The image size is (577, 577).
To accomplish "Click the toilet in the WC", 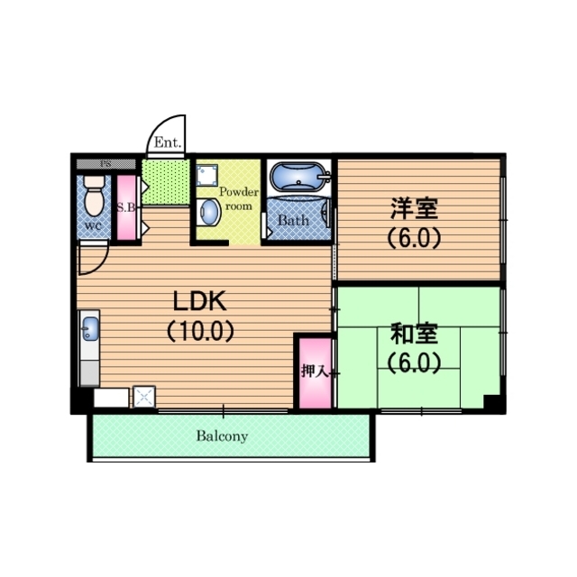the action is (x=94, y=196).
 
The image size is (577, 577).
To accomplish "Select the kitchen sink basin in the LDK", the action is (x=90, y=328).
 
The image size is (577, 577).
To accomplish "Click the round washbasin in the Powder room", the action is (x=208, y=213).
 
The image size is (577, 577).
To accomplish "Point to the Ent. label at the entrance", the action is (x=168, y=142).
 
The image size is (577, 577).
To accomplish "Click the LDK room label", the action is (x=199, y=301).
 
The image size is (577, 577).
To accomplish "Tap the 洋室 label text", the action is (x=414, y=208).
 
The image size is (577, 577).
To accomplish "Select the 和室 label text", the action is (x=414, y=334).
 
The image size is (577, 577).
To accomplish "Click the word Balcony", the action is (x=222, y=436).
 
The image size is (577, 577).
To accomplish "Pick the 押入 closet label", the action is (x=315, y=371).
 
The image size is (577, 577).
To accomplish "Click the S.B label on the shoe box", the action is (x=126, y=208).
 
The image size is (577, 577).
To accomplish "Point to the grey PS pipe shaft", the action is (x=106, y=164).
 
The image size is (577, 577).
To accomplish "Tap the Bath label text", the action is (x=293, y=220).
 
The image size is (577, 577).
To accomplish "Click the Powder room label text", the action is (x=239, y=199).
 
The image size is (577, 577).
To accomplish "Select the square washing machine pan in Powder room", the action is (x=206, y=174).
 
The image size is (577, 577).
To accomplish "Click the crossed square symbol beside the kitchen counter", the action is (x=144, y=397).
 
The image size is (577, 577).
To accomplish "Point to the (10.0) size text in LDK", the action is (x=200, y=331).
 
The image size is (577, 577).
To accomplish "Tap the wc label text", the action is (x=93, y=226).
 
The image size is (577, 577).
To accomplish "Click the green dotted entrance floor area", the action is (x=166, y=182).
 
